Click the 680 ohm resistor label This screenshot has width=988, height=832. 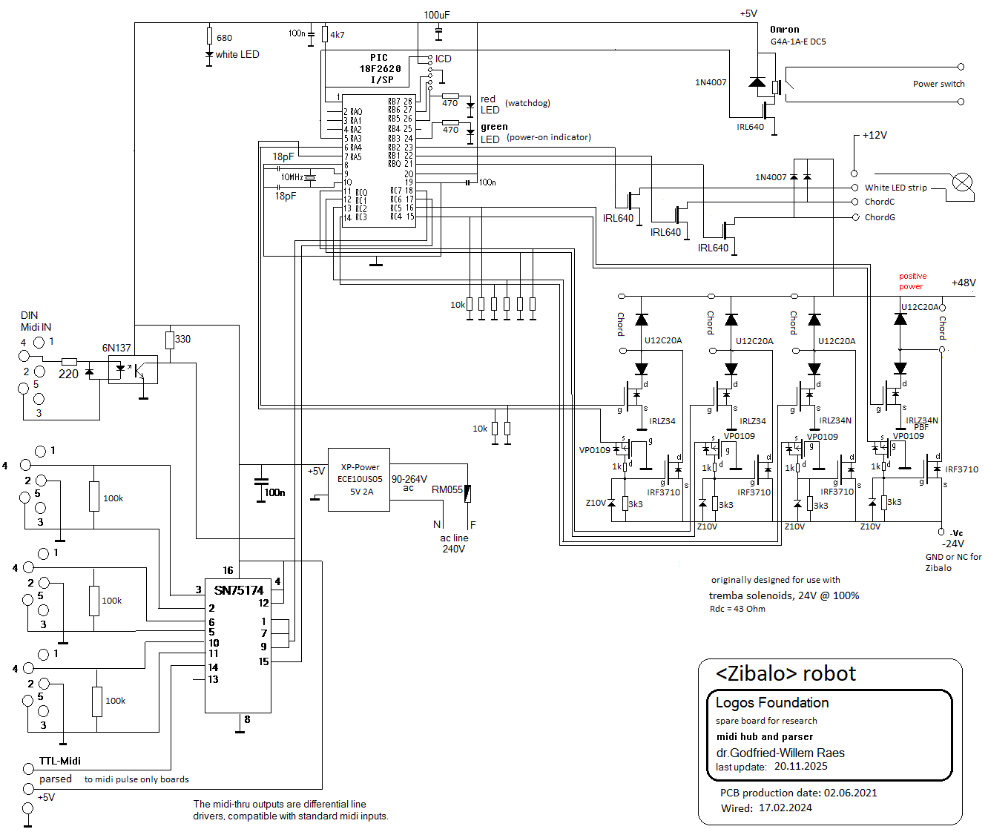(x=224, y=38)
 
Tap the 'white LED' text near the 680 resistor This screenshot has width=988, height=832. (x=237, y=54)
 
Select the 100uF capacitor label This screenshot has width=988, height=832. (x=437, y=15)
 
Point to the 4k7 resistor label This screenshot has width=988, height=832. (x=337, y=35)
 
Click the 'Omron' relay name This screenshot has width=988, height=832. (x=785, y=30)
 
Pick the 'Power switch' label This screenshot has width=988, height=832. (x=938, y=84)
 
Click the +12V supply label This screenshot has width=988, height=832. (x=875, y=135)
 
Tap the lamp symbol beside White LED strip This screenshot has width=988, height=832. (x=962, y=182)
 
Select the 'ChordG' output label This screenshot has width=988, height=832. (x=880, y=217)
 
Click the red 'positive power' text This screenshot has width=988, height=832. (x=912, y=281)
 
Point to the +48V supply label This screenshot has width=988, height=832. (x=964, y=283)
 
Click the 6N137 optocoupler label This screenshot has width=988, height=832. (x=116, y=348)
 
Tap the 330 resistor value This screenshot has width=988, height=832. (x=182, y=339)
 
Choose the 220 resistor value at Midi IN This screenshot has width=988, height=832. (x=68, y=374)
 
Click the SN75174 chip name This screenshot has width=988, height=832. (x=239, y=590)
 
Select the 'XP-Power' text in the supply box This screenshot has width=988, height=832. (x=360, y=467)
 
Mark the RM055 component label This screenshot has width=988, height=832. (x=447, y=489)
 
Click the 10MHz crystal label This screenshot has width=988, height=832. (x=292, y=177)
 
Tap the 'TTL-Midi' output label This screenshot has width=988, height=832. (x=60, y=761)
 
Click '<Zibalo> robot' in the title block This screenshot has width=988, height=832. (x=786, y=673)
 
